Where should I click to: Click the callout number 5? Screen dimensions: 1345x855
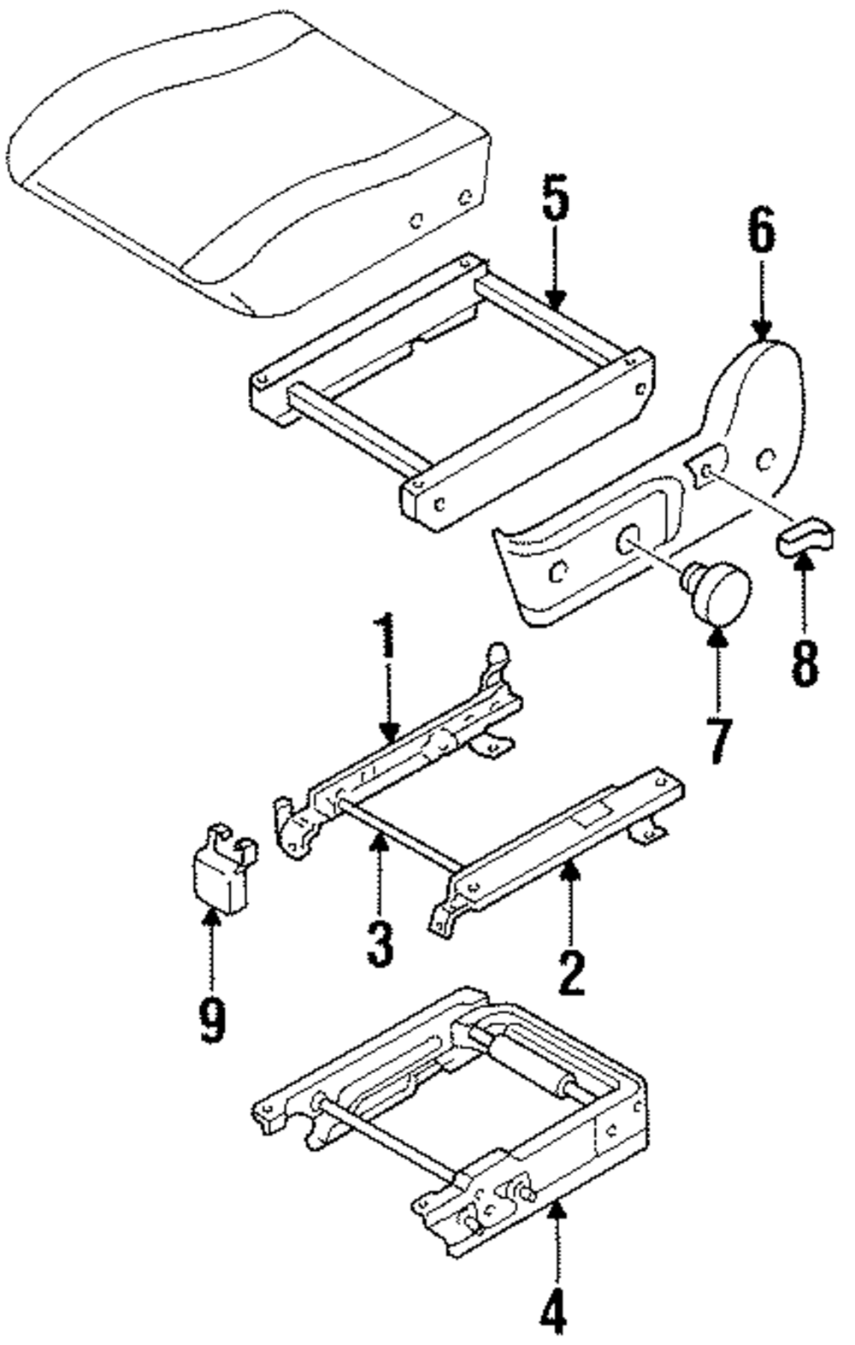[555, 198]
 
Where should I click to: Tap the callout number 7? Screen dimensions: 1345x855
[717, 740]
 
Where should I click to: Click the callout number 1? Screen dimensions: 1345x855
[388, 636]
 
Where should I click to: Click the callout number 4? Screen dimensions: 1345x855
[554, 1309]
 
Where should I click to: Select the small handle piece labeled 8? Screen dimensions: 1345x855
[804, 537]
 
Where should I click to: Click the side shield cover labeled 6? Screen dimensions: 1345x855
[650, 513]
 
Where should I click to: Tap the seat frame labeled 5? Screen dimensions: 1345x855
[453, 402]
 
